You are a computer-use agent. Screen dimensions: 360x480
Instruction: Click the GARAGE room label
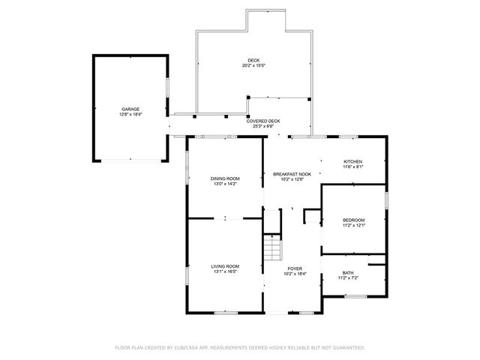point(130,109)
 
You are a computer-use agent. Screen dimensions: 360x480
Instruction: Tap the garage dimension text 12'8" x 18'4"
point(130,114)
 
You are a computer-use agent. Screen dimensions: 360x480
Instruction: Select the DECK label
point(254,60)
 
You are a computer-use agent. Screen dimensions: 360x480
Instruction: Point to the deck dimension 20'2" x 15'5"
point(254,65)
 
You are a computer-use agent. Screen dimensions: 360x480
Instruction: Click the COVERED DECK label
point(263,121)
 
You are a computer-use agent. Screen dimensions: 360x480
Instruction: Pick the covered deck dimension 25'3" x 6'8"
point(263,126)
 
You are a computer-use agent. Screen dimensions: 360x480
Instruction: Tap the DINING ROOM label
point(225,178)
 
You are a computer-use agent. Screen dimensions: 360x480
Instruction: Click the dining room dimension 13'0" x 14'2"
point(225,183)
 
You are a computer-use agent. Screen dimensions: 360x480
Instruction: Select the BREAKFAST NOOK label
point(292,173)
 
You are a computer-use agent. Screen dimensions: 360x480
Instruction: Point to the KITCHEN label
point(352,162)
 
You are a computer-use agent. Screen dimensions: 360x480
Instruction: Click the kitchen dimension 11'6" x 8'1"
point(352,167)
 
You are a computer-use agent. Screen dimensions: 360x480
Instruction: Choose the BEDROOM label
point(354,220)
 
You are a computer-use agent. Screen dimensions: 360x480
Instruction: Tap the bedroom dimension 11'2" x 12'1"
point(354,225)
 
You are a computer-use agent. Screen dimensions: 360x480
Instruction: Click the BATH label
point(348,273)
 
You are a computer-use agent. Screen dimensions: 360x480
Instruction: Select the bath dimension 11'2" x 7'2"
point(348,278)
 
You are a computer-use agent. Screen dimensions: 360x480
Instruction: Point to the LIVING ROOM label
point(225,266)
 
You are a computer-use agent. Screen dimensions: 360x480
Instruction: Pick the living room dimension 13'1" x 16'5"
point(225,271)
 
